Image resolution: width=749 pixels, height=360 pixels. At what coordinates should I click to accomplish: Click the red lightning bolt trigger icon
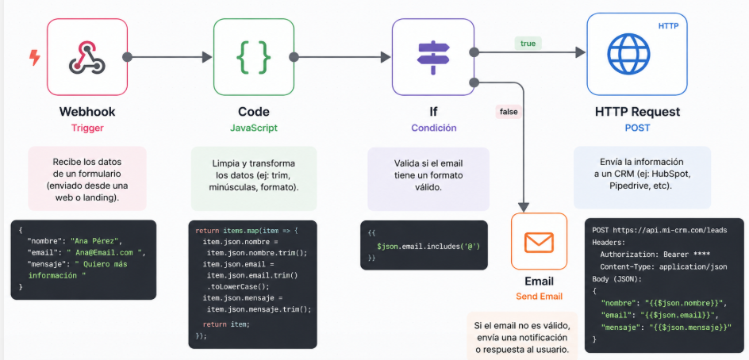pos(34,57)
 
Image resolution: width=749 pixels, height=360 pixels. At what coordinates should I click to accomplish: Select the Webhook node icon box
pos(87,56)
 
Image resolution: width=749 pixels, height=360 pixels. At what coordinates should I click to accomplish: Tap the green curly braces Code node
pos(254,56)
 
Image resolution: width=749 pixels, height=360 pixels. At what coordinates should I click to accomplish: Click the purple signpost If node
pos(433,56)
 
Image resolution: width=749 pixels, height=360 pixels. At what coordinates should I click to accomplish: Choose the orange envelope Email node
pos(539,241)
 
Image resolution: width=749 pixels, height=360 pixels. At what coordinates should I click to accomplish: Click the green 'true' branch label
pos(528,43)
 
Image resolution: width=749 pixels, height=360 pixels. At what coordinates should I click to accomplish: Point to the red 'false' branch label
pos(508,112)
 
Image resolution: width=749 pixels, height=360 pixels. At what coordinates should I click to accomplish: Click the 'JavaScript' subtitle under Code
pos(254,128)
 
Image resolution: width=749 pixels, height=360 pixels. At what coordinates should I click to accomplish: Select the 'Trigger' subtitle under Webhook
pos(87,128)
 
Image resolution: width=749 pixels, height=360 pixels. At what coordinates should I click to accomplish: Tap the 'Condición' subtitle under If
pos(433,128)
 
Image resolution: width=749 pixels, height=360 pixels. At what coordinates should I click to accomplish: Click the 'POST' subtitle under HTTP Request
pos(627,128)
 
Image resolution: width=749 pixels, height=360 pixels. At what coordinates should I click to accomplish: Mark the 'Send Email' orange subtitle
pos(539,297)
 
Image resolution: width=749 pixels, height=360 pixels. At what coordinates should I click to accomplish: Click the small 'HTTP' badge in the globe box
pos(669,26)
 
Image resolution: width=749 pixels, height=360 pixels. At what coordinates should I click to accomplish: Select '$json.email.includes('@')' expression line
pos(428,247)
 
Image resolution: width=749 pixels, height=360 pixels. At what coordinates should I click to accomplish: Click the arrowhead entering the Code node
pos(208,57)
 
